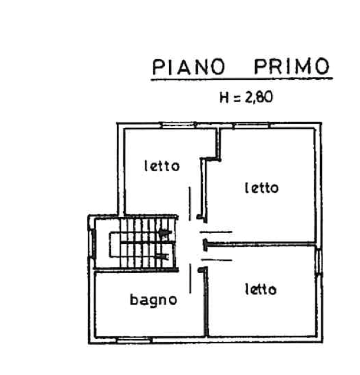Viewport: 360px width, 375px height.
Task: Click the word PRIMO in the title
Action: coord(291,67)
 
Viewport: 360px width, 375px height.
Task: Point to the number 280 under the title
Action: coord(260,97)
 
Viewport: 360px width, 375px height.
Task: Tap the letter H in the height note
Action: coord(225,97)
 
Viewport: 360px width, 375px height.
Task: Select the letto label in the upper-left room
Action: coord(162,167)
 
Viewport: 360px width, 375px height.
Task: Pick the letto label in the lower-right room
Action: coord(260,290)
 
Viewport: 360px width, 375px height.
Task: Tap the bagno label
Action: coord(153,299)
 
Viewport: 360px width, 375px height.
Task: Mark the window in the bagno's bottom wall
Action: coord(134,340)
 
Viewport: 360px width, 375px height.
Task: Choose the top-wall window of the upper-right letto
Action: coord(251,125)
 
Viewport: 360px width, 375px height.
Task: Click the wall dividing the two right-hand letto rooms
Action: coord(262,245)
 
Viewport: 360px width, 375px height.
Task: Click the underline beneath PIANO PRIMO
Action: coord(239,79)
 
